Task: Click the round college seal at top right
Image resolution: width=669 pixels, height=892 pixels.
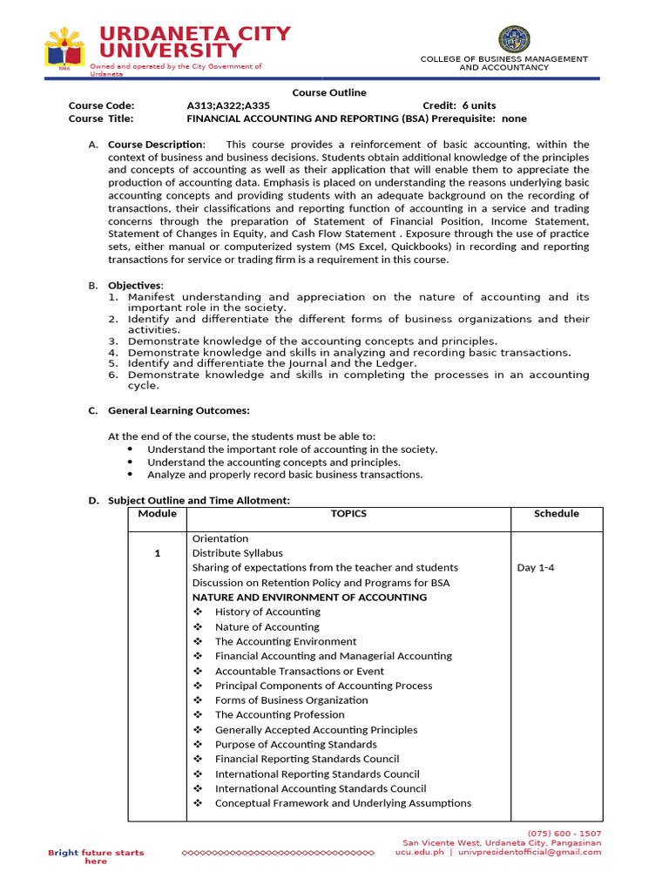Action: tap(513, 39)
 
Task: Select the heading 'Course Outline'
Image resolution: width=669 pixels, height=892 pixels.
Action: tap(328, 92)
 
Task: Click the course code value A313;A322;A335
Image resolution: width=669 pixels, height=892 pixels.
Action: tap(229, 105)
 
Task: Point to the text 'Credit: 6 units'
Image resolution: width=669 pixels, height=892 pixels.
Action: tap(459, 105)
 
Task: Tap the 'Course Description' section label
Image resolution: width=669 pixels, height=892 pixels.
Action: tap(156, 144)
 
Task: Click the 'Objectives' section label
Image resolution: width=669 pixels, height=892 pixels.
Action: tap(135, 285)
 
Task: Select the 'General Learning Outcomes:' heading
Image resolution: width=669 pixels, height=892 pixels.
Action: tap(179, 410)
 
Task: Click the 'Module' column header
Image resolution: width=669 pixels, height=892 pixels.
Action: tap(157, 513)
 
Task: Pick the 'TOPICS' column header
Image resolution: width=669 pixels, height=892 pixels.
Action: tap(348, 513)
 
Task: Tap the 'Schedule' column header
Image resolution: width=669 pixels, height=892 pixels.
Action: tap(556, 513)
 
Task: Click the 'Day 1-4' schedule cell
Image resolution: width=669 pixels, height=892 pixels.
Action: tap(536, 567)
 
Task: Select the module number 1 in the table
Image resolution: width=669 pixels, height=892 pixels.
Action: tap(158, 553)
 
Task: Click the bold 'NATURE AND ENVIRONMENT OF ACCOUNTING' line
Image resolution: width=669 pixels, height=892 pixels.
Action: tap(309, 597)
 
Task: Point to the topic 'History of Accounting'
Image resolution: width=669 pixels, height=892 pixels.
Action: tap(267, 612)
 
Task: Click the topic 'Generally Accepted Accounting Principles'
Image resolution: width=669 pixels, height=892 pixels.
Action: tap(315, 729)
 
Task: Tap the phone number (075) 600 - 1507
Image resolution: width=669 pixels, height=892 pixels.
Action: tap(564, 833)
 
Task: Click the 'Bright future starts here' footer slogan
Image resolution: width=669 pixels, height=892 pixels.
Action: tap(96, 856)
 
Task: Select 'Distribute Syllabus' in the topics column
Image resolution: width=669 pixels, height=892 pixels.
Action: tap(237, 552)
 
